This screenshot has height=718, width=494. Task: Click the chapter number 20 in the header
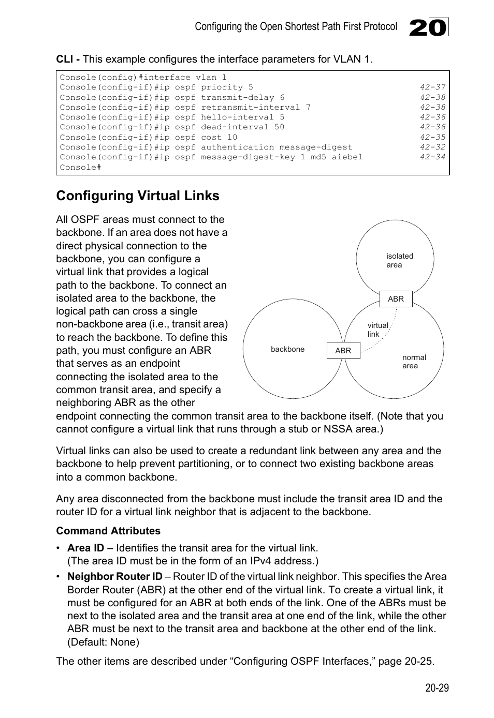[x=428, y=27]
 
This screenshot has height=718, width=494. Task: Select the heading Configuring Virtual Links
[x=138, y=196]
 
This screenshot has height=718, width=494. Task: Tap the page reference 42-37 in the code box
[x=432, y=87]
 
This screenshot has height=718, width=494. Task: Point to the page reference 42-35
[x=432, y=137]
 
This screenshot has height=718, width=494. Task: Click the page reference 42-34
[x=432, y=157]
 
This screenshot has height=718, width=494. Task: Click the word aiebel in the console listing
[x=347, y=157]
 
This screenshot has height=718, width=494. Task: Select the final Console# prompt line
[x=80, y=167]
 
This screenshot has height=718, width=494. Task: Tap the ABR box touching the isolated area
[x=396, y=299]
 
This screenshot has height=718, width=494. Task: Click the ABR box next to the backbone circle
[x=343, y=351]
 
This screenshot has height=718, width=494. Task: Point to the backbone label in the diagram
[x=287, y=349]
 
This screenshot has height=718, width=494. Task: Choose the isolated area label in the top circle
[x=399, y=260]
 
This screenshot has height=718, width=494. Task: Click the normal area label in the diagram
[x=414, y=362]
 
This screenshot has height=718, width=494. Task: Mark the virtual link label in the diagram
[x=377, y=330]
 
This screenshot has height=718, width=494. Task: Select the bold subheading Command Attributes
[x=108, y=531]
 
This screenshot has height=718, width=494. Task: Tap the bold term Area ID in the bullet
[x=85, y=548]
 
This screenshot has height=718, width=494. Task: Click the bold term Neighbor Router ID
[x=114, y=576]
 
